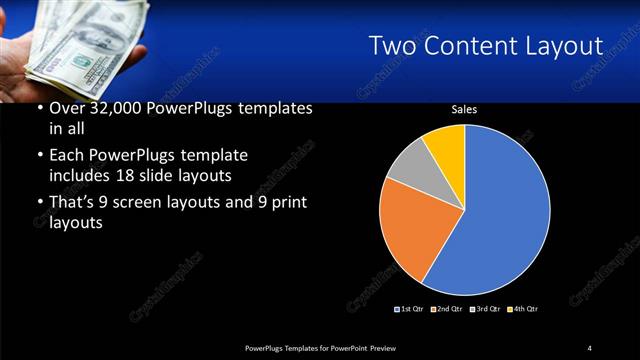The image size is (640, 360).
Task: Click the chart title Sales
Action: [464, 110]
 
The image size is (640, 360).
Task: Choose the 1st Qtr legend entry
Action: [410, 309]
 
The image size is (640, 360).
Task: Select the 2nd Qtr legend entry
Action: [447, 309]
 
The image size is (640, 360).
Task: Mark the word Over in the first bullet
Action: [67, 108]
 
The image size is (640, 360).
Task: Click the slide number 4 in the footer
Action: [590, 347]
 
